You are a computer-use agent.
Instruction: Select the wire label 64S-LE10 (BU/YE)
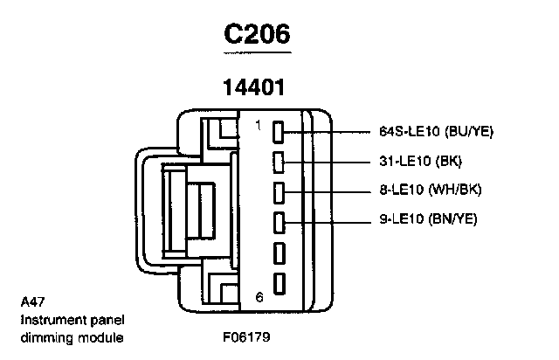(437, 133)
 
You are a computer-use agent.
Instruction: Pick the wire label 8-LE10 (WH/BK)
(431, 190)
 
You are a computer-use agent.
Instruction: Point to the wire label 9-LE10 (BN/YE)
(428, 218)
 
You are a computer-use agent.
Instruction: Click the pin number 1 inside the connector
(258, 126)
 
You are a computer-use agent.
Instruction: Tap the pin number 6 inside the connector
(259, 297)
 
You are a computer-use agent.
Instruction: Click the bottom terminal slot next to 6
(280, 284)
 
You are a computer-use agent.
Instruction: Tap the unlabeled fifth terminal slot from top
(280, 253)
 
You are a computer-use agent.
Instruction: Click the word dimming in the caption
(42, 337)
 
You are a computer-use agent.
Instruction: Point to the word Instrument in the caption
(48, 320)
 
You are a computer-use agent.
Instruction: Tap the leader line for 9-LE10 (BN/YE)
(332, 219)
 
